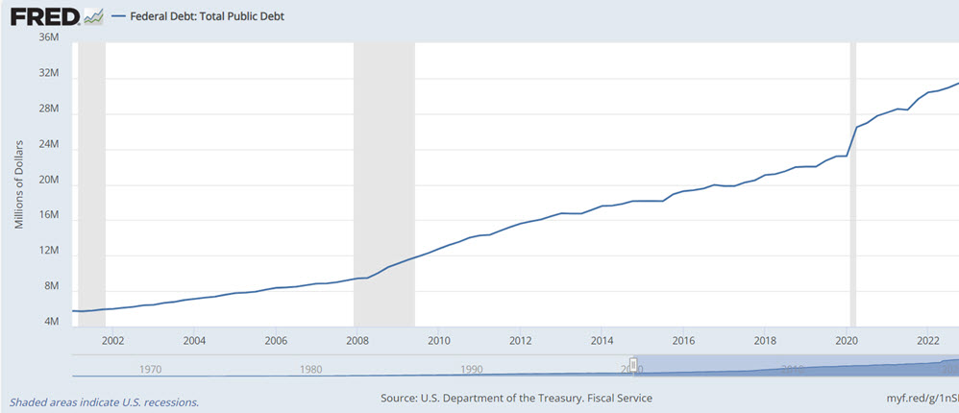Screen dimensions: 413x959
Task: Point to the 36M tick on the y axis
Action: click(x=48, y=37)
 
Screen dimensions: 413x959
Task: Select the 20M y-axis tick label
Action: click(x=48, y=181)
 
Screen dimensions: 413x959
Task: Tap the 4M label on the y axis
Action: click(x=51, y=322)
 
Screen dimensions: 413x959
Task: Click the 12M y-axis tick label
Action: click(x=48, y=251)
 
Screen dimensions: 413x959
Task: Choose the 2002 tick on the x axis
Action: click(x=112, y=340)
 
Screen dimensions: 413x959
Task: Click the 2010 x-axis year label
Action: click(x=439, y=340)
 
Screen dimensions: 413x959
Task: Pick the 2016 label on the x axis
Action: click(x=683, y=340)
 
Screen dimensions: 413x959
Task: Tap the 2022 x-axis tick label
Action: click(x=928, y=340)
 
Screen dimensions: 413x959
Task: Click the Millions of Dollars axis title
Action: click(x=19, y=181)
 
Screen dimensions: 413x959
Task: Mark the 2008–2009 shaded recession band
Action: click(x=384, y=182)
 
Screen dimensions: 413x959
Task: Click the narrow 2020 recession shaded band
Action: click(x=852, y=182)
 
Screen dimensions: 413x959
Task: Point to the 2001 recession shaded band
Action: click(x=91, y=182)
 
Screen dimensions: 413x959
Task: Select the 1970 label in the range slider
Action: click(x=150, y=368)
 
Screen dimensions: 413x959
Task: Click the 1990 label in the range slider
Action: click(x=471, y=368)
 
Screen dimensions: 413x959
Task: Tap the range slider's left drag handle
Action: click(x=633, y=364)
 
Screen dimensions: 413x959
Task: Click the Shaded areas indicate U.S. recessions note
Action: click(x=104, y=402)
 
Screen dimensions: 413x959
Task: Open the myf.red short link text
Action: click(x=918, y=398)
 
